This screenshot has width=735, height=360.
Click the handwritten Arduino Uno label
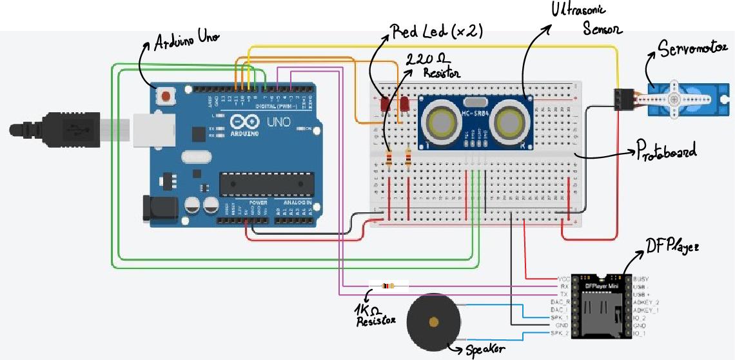pos(186,42)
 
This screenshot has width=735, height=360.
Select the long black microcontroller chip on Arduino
pos(266,184)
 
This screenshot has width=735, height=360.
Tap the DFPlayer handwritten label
pos(672,245)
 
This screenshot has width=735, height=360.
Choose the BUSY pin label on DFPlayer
pos(641,278)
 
